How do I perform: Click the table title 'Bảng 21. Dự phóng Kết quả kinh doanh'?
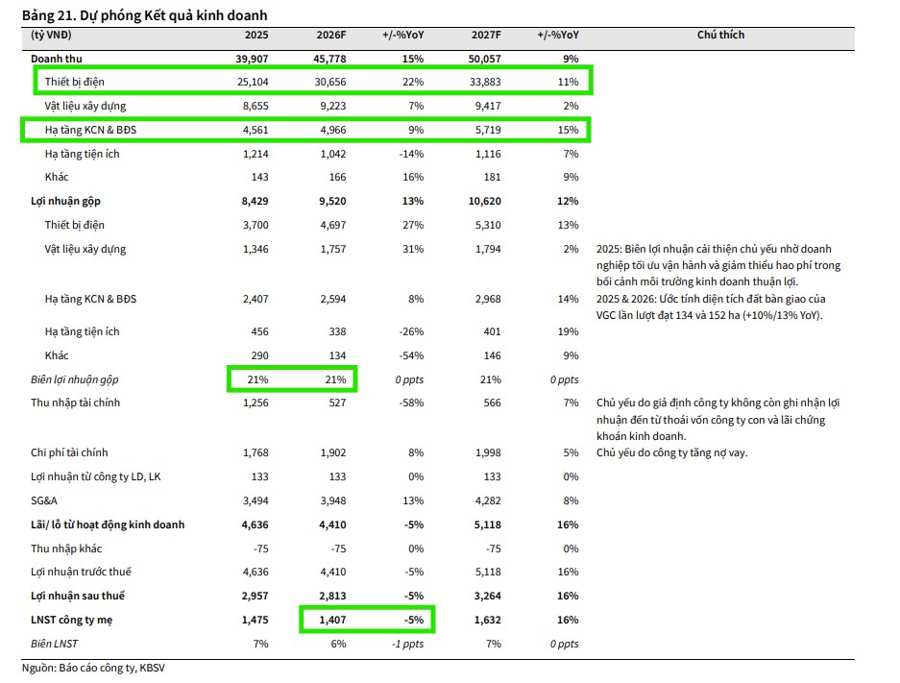coord(144,15)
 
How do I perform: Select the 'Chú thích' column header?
coord(720,36)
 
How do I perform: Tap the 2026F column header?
coord(330,36)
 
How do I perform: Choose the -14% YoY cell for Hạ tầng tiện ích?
coord(410,154)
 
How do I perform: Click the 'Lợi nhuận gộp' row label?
coord(65,201)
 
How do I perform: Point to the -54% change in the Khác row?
coord(410,355)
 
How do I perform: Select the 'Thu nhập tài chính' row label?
coord(76,402)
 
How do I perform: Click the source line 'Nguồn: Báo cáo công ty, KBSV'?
coord(86,668)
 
